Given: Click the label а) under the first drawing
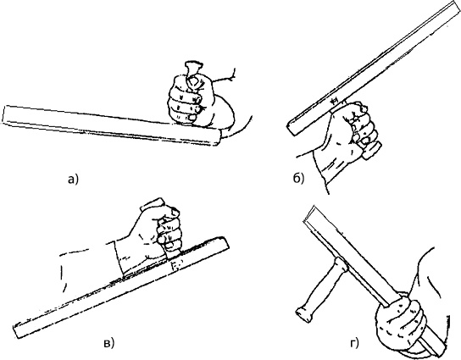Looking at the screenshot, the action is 73,179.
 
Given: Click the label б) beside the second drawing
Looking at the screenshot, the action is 298,178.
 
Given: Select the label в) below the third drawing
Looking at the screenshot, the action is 108,343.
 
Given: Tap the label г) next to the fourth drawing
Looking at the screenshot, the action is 355,343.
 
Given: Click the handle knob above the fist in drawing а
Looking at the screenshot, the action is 193,67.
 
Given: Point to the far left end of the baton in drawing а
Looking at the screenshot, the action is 6,114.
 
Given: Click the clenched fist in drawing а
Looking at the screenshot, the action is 186,100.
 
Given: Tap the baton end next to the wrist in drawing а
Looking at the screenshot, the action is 216,138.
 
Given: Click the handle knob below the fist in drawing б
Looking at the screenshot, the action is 372,152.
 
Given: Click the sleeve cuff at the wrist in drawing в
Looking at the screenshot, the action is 119,258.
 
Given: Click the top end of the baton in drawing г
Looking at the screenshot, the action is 309,213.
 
